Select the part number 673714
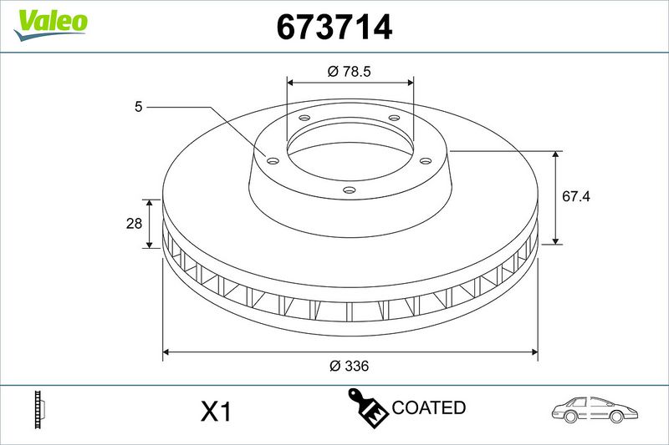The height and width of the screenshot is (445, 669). [x=334, y=27]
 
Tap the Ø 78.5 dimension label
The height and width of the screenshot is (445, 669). [x=349, y=71]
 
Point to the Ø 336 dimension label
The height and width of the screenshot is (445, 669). [x=349, y=366]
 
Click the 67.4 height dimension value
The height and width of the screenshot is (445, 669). [x=576, y=196]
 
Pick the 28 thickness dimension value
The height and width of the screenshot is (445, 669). [x=134, y=223]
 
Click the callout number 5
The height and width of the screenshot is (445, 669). [x=138, y=107]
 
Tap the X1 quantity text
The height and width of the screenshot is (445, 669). [x=216, y=412]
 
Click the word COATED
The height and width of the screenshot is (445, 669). [x=428, y=407]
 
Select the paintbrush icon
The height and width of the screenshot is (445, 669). [x=367, y=407]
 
